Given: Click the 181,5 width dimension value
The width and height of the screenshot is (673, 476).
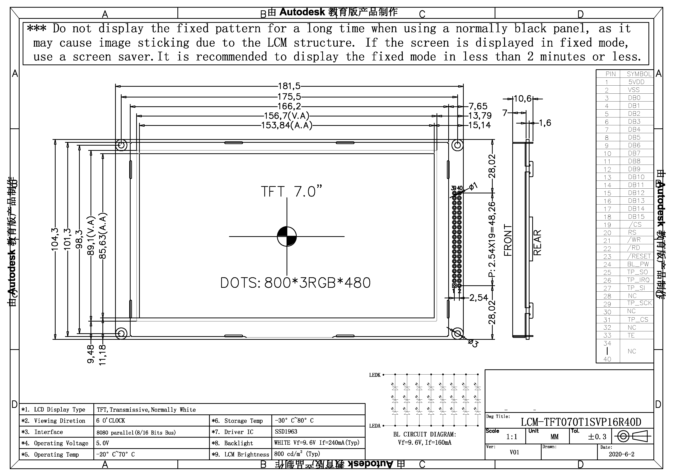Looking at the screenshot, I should (x=289, y=86).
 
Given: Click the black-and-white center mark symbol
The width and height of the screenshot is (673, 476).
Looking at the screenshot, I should (x=287, y=236).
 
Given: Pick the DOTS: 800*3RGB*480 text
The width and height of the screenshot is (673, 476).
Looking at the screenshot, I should (x=295, y=283).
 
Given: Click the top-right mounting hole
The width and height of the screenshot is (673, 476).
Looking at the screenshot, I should (x=457, y=145).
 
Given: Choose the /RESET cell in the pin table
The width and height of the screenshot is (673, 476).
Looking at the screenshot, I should (x=639, y=256).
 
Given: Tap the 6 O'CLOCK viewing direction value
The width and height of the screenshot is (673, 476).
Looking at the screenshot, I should (x=110, y=421).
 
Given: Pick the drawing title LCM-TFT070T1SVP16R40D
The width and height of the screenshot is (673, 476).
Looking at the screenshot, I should (x=581, y=422).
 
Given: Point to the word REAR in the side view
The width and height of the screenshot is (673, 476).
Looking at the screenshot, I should (x=537, y=242).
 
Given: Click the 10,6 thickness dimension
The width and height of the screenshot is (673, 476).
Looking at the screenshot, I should (x=523, y=99).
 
